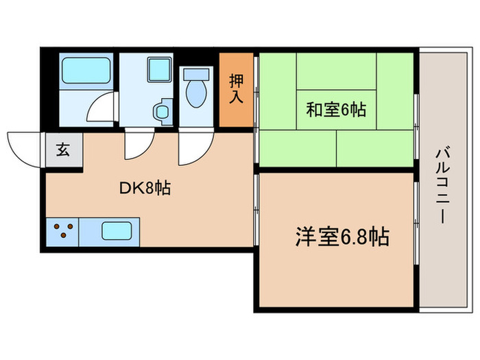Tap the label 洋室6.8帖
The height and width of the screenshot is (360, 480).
coord(342,238)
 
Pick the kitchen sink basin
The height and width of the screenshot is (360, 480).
coord(117,231)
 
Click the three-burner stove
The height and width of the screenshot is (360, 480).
coord(62,231)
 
